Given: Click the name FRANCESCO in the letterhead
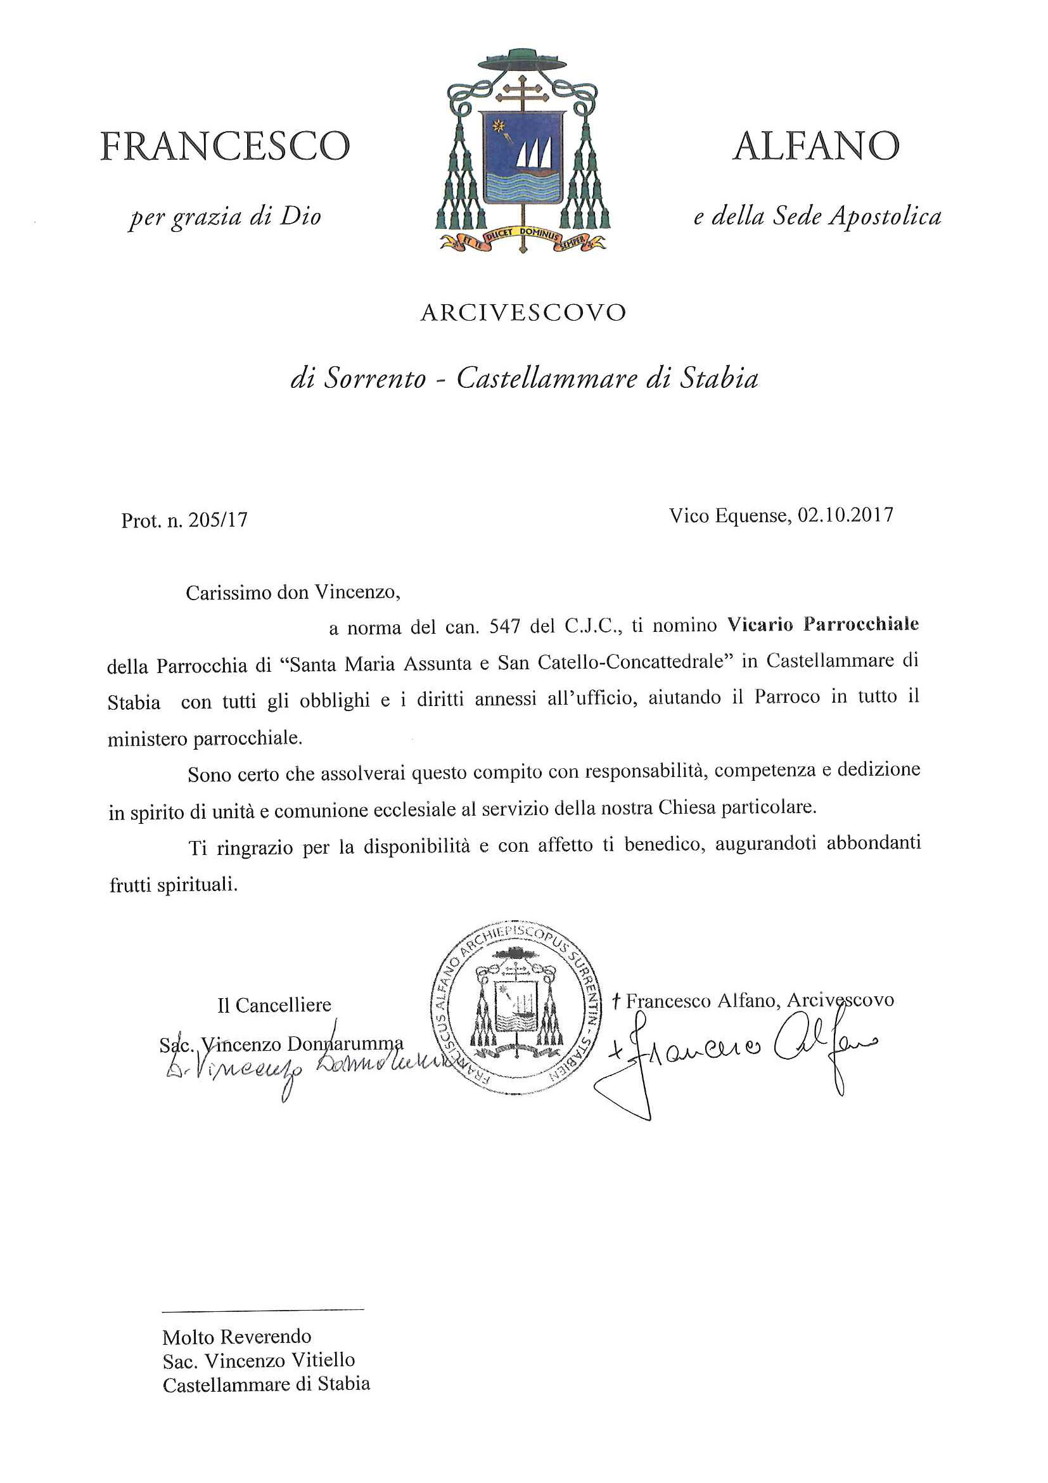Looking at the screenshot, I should point(225,146).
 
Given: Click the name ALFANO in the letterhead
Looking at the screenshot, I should point(816,146).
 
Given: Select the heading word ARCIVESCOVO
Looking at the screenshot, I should point(523,313).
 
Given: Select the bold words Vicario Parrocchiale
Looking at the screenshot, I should point(822,625).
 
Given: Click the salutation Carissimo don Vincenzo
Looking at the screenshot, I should point(293,593).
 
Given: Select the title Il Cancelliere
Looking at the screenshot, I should point(274,1005).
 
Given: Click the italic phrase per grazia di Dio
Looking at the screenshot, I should point(225,217).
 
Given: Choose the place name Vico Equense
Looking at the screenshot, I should point(729,515).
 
